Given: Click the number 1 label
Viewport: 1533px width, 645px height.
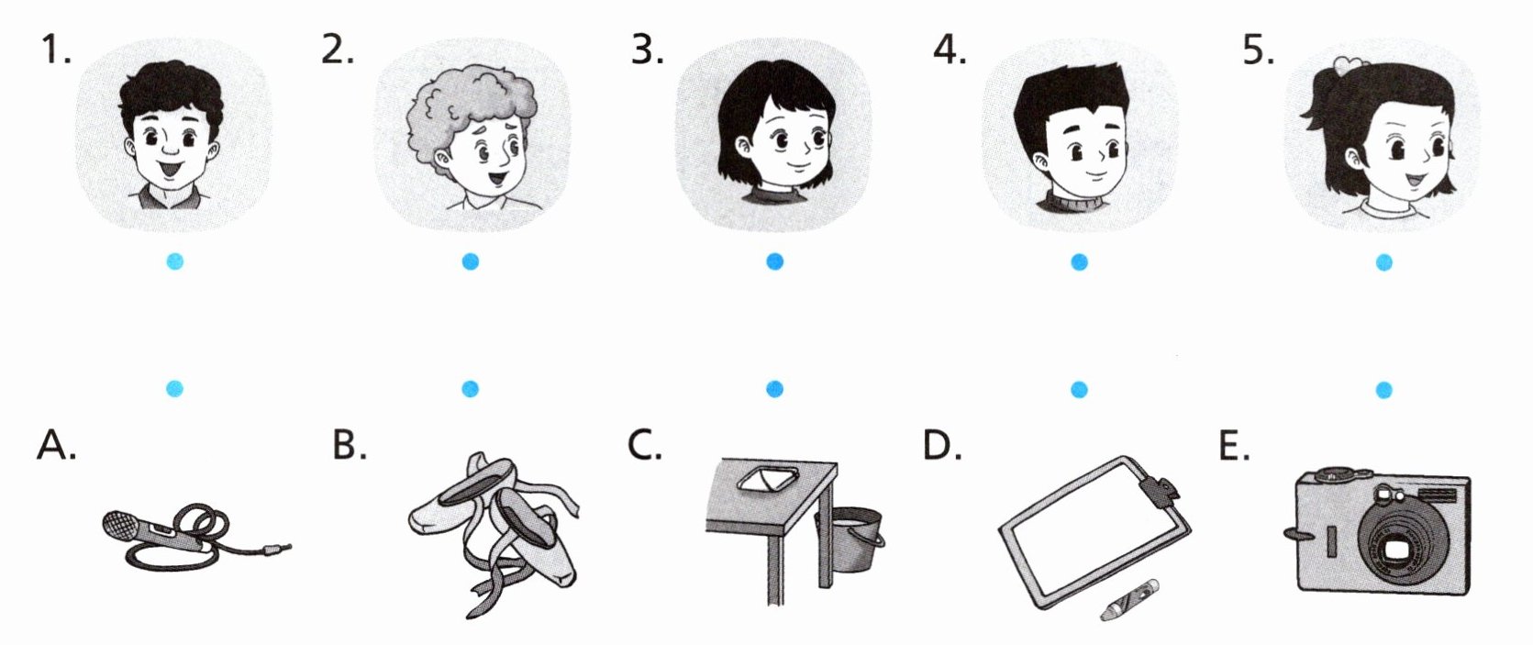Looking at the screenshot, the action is click(x=56, y=50).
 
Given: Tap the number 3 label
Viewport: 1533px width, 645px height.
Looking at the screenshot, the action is click(x=647, y=50).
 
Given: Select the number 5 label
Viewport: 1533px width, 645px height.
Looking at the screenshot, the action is click(x=1259, y=50).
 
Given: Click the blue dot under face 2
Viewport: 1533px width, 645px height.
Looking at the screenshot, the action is click(x=470, y=261).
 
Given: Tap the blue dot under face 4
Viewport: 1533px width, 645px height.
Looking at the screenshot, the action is click(x=1079, y=261).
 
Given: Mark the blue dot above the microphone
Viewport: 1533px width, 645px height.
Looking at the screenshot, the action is click(x=174, y=389).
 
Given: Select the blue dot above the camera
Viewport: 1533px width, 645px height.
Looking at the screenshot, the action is click(x=1383, y=390).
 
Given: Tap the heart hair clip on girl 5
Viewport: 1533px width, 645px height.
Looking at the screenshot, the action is click(x=1350, y=65).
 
